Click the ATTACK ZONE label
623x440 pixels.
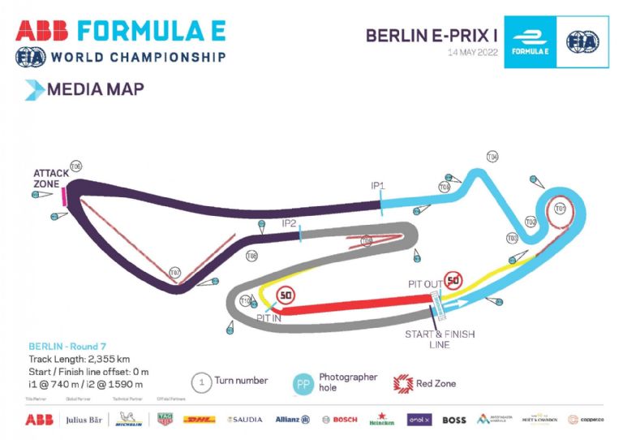point(46,178)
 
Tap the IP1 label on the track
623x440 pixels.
point(378,186)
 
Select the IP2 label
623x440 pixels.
point(289,222)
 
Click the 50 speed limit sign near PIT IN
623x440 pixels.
point(286,295)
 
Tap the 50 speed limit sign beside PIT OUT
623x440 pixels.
point(453,282)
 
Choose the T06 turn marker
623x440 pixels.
point(75,166)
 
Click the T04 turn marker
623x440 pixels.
point(492,156)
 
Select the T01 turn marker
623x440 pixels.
point(560,209)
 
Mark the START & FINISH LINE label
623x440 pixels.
point(440,339)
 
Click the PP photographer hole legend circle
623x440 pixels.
point(302,384)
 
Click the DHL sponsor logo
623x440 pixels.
point(199,420)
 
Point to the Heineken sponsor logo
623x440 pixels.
point(382,421)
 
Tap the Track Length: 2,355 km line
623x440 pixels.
point(79,358)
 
